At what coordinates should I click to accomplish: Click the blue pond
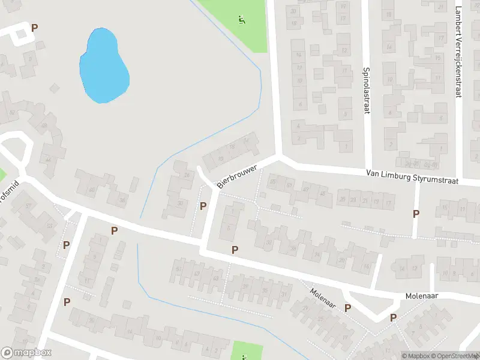click(104, 66)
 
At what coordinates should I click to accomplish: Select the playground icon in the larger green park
click(242, 20)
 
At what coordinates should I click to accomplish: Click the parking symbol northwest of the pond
click(34, 28)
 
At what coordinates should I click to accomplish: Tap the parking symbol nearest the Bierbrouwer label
click(203, 206)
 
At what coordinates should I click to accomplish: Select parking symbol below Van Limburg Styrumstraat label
click(416, 214)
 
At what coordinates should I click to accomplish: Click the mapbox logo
click(26, 353)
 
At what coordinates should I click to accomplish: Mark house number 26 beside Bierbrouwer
click(187, 175)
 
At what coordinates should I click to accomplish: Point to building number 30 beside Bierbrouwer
click(180, 203)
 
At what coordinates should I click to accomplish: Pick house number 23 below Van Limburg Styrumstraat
click(353, 200)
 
